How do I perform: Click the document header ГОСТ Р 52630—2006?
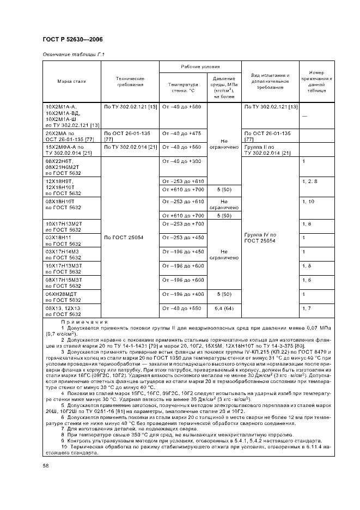72,39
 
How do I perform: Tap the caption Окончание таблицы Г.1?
73,56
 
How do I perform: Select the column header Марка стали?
72,81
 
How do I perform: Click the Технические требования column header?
130,81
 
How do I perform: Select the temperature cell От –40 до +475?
182,133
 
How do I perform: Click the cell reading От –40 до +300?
182,161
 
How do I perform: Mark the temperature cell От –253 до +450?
182,237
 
